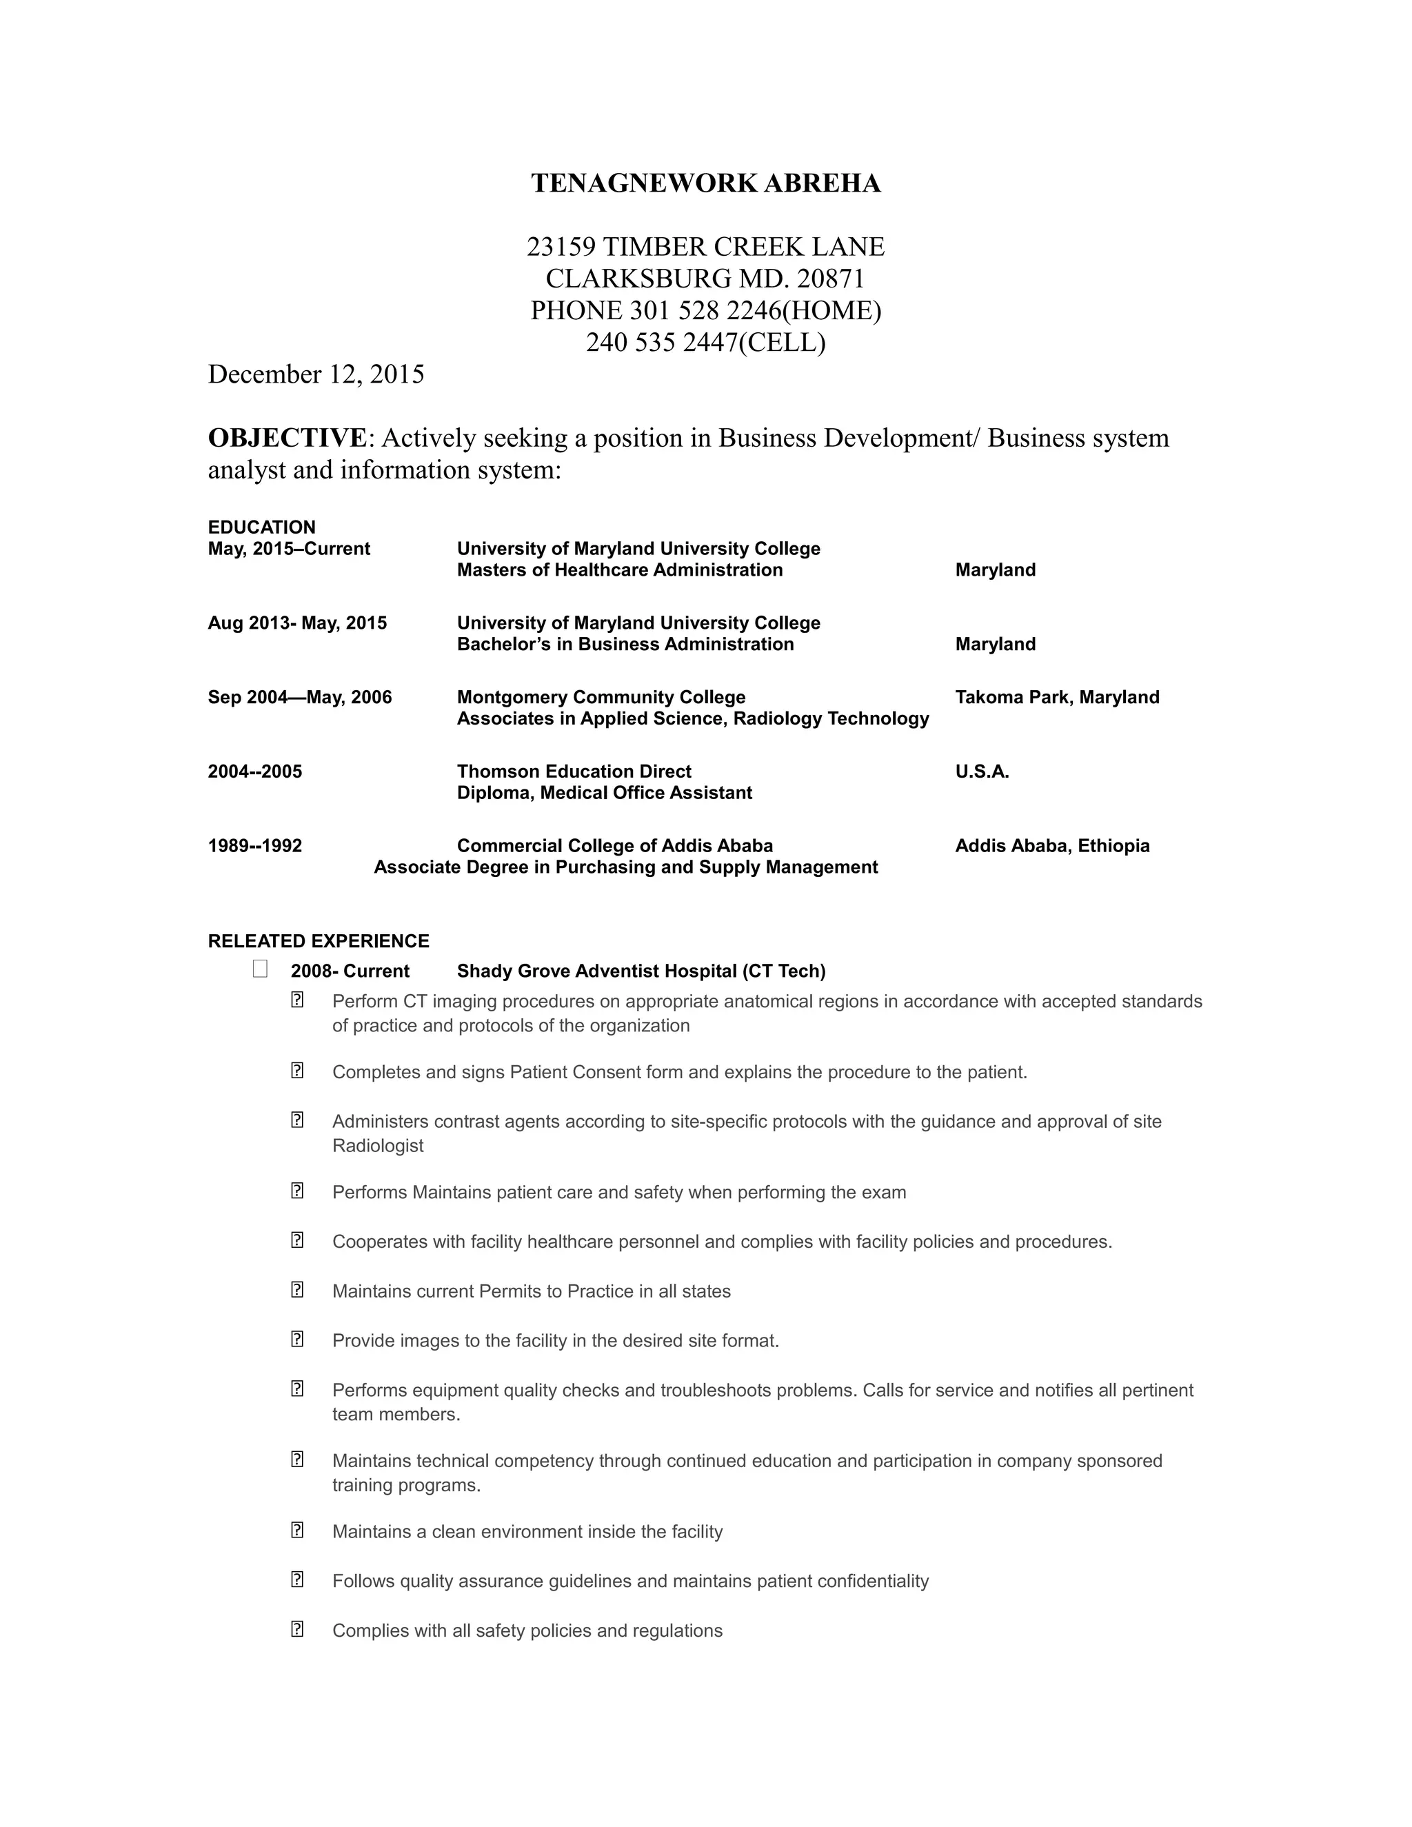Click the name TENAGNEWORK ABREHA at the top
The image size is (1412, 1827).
[705, 183]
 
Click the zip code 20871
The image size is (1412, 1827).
[831, 279]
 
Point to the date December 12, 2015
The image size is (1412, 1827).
[316, 374]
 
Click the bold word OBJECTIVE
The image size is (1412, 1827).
[287, 438]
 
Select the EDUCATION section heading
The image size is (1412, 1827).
[262, 527]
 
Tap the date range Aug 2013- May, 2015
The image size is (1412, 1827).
[297, 623]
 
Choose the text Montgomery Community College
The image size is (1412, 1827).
[601, 698]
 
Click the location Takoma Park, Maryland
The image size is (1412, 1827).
[1056, 698]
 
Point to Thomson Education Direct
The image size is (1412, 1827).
[574, 772]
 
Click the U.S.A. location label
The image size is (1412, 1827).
[982, 772]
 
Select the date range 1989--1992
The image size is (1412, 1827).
[255, 846]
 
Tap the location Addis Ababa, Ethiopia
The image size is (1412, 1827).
[1052, 846]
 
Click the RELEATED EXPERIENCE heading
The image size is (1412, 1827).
[319, 941]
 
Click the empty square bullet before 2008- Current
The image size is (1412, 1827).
[260, 969]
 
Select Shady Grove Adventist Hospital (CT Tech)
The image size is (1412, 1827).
[641, 971]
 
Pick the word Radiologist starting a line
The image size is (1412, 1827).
[378, 1146]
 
